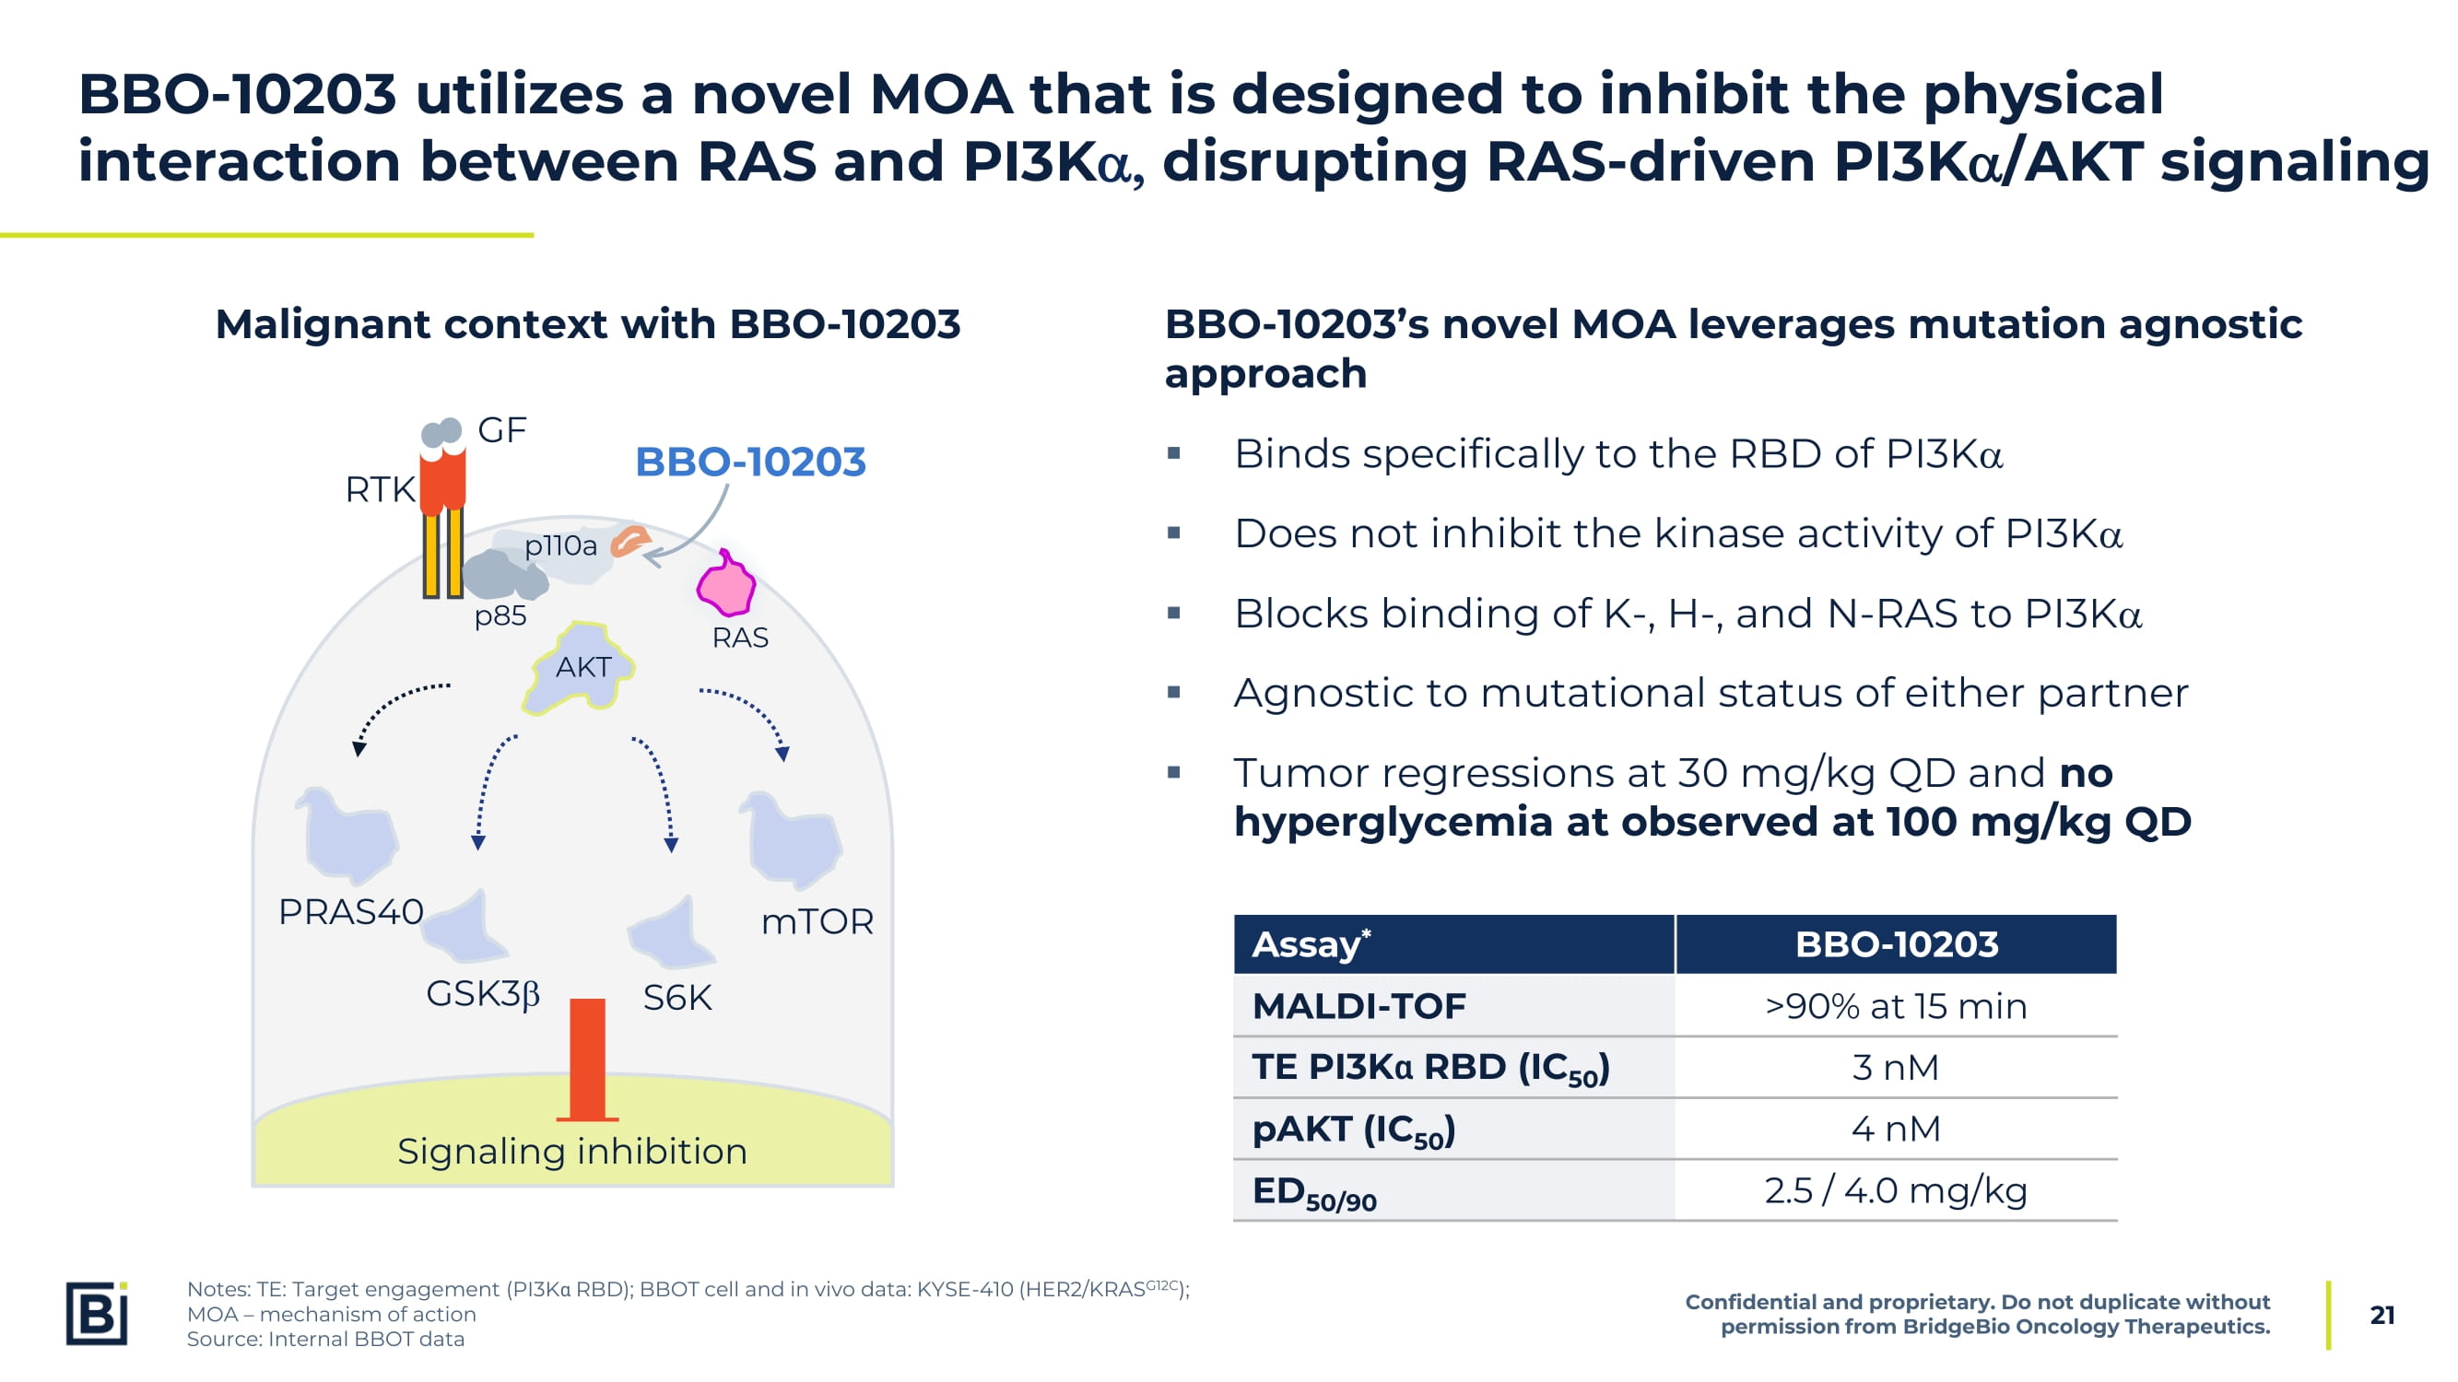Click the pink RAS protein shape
pos(726,584)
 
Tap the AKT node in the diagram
pos(582,668)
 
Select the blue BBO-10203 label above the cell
pos(750,462)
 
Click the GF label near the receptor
pos(502,430)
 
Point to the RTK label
pos(380,489)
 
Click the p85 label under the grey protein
pos(500,616)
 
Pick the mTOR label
pos(817,921)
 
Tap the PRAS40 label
pos(350,912)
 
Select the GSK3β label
pos(483,994)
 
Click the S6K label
pos(677,998)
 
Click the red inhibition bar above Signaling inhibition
pos(587,1059)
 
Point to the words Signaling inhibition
pos(571,1151)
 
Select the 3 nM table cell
pos(1895,1067)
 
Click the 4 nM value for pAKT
pos(1895,1130)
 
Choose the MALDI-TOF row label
pos(1358,1006)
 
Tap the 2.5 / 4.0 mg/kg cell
pos(1895,1190)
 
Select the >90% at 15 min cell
pos(1895,1006)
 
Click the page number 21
pos(2382,1316)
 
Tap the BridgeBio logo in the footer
pos(97,1313)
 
